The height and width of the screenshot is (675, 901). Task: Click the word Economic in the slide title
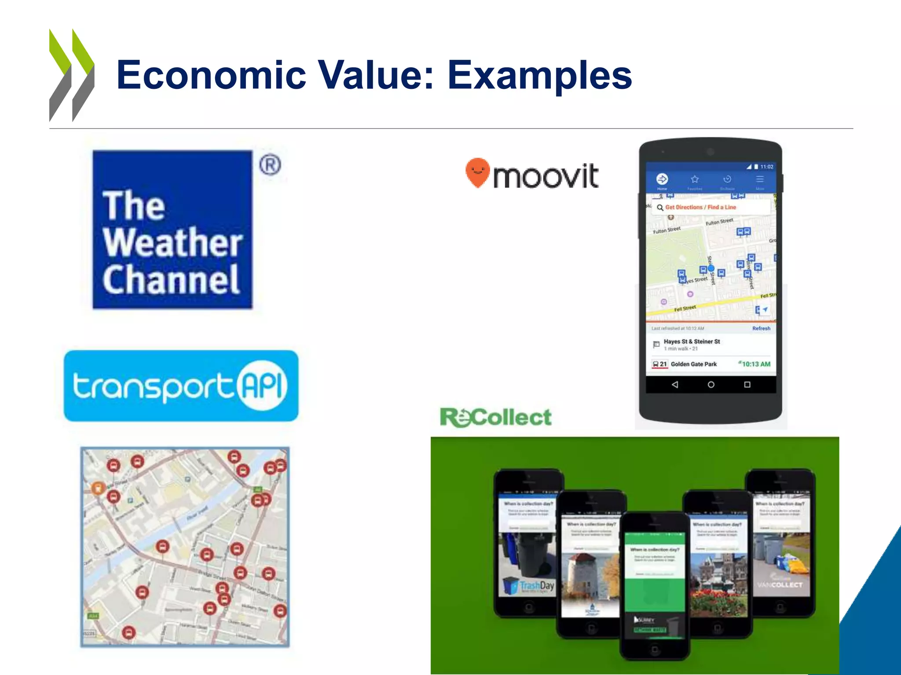click(x=211, y=75)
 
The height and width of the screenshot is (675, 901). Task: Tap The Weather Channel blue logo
click(x=172, y=229)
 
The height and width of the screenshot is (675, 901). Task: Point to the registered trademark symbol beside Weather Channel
click(x=270, y=165)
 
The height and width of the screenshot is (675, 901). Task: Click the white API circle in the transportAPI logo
click(x=263, y=385)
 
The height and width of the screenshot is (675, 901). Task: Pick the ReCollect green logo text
click(x=496, y=417)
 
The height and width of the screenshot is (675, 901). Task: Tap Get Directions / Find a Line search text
click(x=700, y=207)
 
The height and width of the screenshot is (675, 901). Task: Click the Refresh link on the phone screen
click(x=761, y=328)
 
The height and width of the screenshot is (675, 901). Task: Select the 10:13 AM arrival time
click(x=756, y=364)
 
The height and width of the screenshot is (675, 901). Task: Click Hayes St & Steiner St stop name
click(x=692, y=341)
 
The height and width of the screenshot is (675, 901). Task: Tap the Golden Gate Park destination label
click(x=693, y=364)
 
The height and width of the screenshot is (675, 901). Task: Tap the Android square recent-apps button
click(x=747, y=385)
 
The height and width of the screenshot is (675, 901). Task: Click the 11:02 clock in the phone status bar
click(x=767, y=167)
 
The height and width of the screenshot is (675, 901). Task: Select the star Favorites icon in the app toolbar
click(x=695, y=179)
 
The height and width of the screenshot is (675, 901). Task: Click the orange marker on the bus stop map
click(x=98, y=487)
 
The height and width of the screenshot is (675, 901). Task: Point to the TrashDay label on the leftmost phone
click(x=537, y=585)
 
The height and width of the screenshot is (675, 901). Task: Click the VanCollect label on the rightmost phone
click(x=780, y=585)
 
